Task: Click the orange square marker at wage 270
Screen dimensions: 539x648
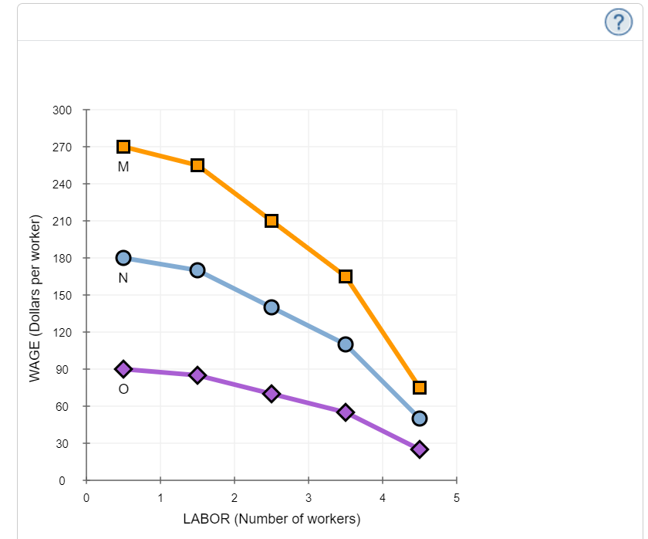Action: pyautogui.click(x=123, y=147)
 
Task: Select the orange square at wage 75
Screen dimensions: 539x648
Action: pyautogui.click(x=420, y=388)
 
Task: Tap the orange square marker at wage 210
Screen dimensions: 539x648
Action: pyautogui.click(x=272, y=221)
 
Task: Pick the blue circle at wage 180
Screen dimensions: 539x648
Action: pyautogui.click(x=123, y=258)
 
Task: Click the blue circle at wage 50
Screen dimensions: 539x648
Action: pyautogui.click(x=420, y=419)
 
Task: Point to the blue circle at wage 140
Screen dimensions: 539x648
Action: pyautogui.click(x=272, y=307)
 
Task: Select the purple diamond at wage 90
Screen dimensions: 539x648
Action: pyautogui.click(x=123, y=369)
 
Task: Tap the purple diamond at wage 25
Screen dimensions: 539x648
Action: pyautogui.click(x=420, y=449)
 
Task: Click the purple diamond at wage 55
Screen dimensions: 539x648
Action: pyautogui.click(x=346, y=412)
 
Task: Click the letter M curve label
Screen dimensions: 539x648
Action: pyautogui.click(x=123, y=166)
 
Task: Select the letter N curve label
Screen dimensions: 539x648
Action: pyautogui.click(x=123, y=278)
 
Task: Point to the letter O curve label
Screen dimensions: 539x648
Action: pyautogui.click(x=123, y=389)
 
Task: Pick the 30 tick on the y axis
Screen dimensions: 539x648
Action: pyautogui.click(x=65, y=443)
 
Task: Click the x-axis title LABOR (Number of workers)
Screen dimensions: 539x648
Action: pyautogui.click(x=272, y=519)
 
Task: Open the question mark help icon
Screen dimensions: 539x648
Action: pyautogui.click(x=617, y=22)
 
